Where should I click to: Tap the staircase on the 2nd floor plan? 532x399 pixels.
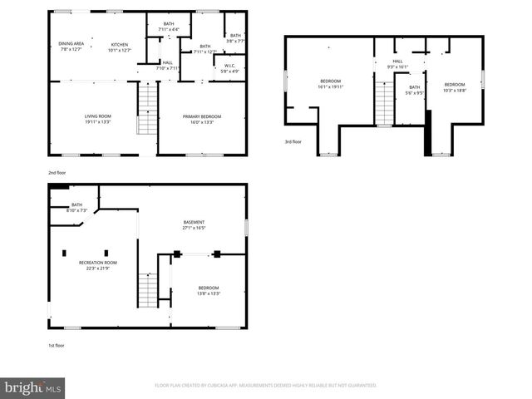coord(146,111)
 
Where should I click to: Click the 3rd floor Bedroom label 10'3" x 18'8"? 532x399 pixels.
coord(454,86)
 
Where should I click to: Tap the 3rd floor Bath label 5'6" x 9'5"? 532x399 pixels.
coord(414,91)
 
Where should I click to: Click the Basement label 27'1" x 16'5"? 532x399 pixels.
coord(194,224)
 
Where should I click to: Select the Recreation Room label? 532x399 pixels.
coord(96,265)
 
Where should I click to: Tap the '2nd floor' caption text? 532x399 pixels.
coord(57,172)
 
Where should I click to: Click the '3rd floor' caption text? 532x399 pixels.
coord(293,142)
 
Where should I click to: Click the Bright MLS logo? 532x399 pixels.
coord(33,387)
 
